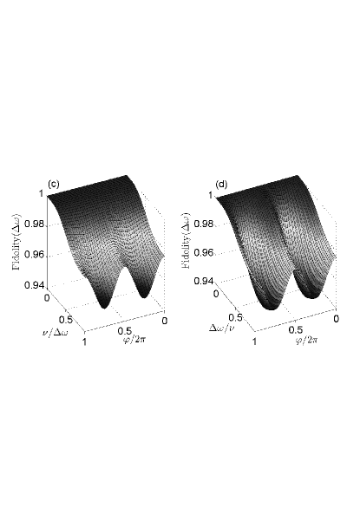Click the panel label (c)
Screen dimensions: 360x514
tap(54, 185)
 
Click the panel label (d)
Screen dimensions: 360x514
tap(221, 185)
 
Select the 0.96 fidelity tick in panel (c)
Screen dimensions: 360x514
tap(34, 255)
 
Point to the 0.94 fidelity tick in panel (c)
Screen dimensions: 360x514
tap(34, 285)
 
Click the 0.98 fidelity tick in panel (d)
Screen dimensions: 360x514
tap(204, 224)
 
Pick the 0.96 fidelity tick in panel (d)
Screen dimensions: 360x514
tap(204, 253)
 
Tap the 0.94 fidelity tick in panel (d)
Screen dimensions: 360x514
tap(204, 281)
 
